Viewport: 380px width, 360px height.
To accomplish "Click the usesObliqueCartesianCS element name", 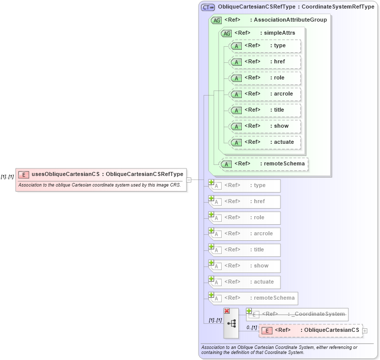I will pyautogui.click(x=65, y=174).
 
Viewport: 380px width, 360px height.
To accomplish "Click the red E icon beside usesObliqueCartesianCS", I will pyautogui.click(x=23, y=174).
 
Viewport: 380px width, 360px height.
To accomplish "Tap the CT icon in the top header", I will pyautogui.click(x=208, y=7).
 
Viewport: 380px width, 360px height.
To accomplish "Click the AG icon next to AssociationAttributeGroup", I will pyautogui.click(x=216, y=20).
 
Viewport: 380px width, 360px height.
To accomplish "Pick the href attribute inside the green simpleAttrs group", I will pyautogui.click(x=264, y=61).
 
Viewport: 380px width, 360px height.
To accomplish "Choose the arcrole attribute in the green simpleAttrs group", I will pyautogui.click(x=264, y=94).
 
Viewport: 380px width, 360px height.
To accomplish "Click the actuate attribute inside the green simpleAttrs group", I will pyautogui.click(x=264, y=142).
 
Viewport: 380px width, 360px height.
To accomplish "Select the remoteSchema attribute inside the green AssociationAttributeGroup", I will pyautogui.click(x=264, y=163).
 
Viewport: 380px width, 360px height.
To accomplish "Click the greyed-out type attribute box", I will pyautogui.click(x=245, y=186).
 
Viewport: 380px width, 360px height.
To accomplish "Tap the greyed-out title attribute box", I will pyautogui.click(x=245, y=250).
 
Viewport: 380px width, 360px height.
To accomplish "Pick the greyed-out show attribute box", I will pyautogui.click(x=245, y=266).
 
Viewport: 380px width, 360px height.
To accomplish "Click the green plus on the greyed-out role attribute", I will pyautogui.click(x=212, y=215).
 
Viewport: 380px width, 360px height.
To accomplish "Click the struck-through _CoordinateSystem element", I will pyautogui.click(x=297, y=314).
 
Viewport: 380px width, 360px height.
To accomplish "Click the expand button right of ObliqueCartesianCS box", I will pyautogui.click(x=365, y=330).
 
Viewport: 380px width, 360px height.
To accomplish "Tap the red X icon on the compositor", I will pyautogui.click(x=227, y=311).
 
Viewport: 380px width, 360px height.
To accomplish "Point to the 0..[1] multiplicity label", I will pyautogui.click(x=251, y=327).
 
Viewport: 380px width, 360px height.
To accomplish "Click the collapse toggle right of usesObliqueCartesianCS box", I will pyautogui.click(x=189, y=179).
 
